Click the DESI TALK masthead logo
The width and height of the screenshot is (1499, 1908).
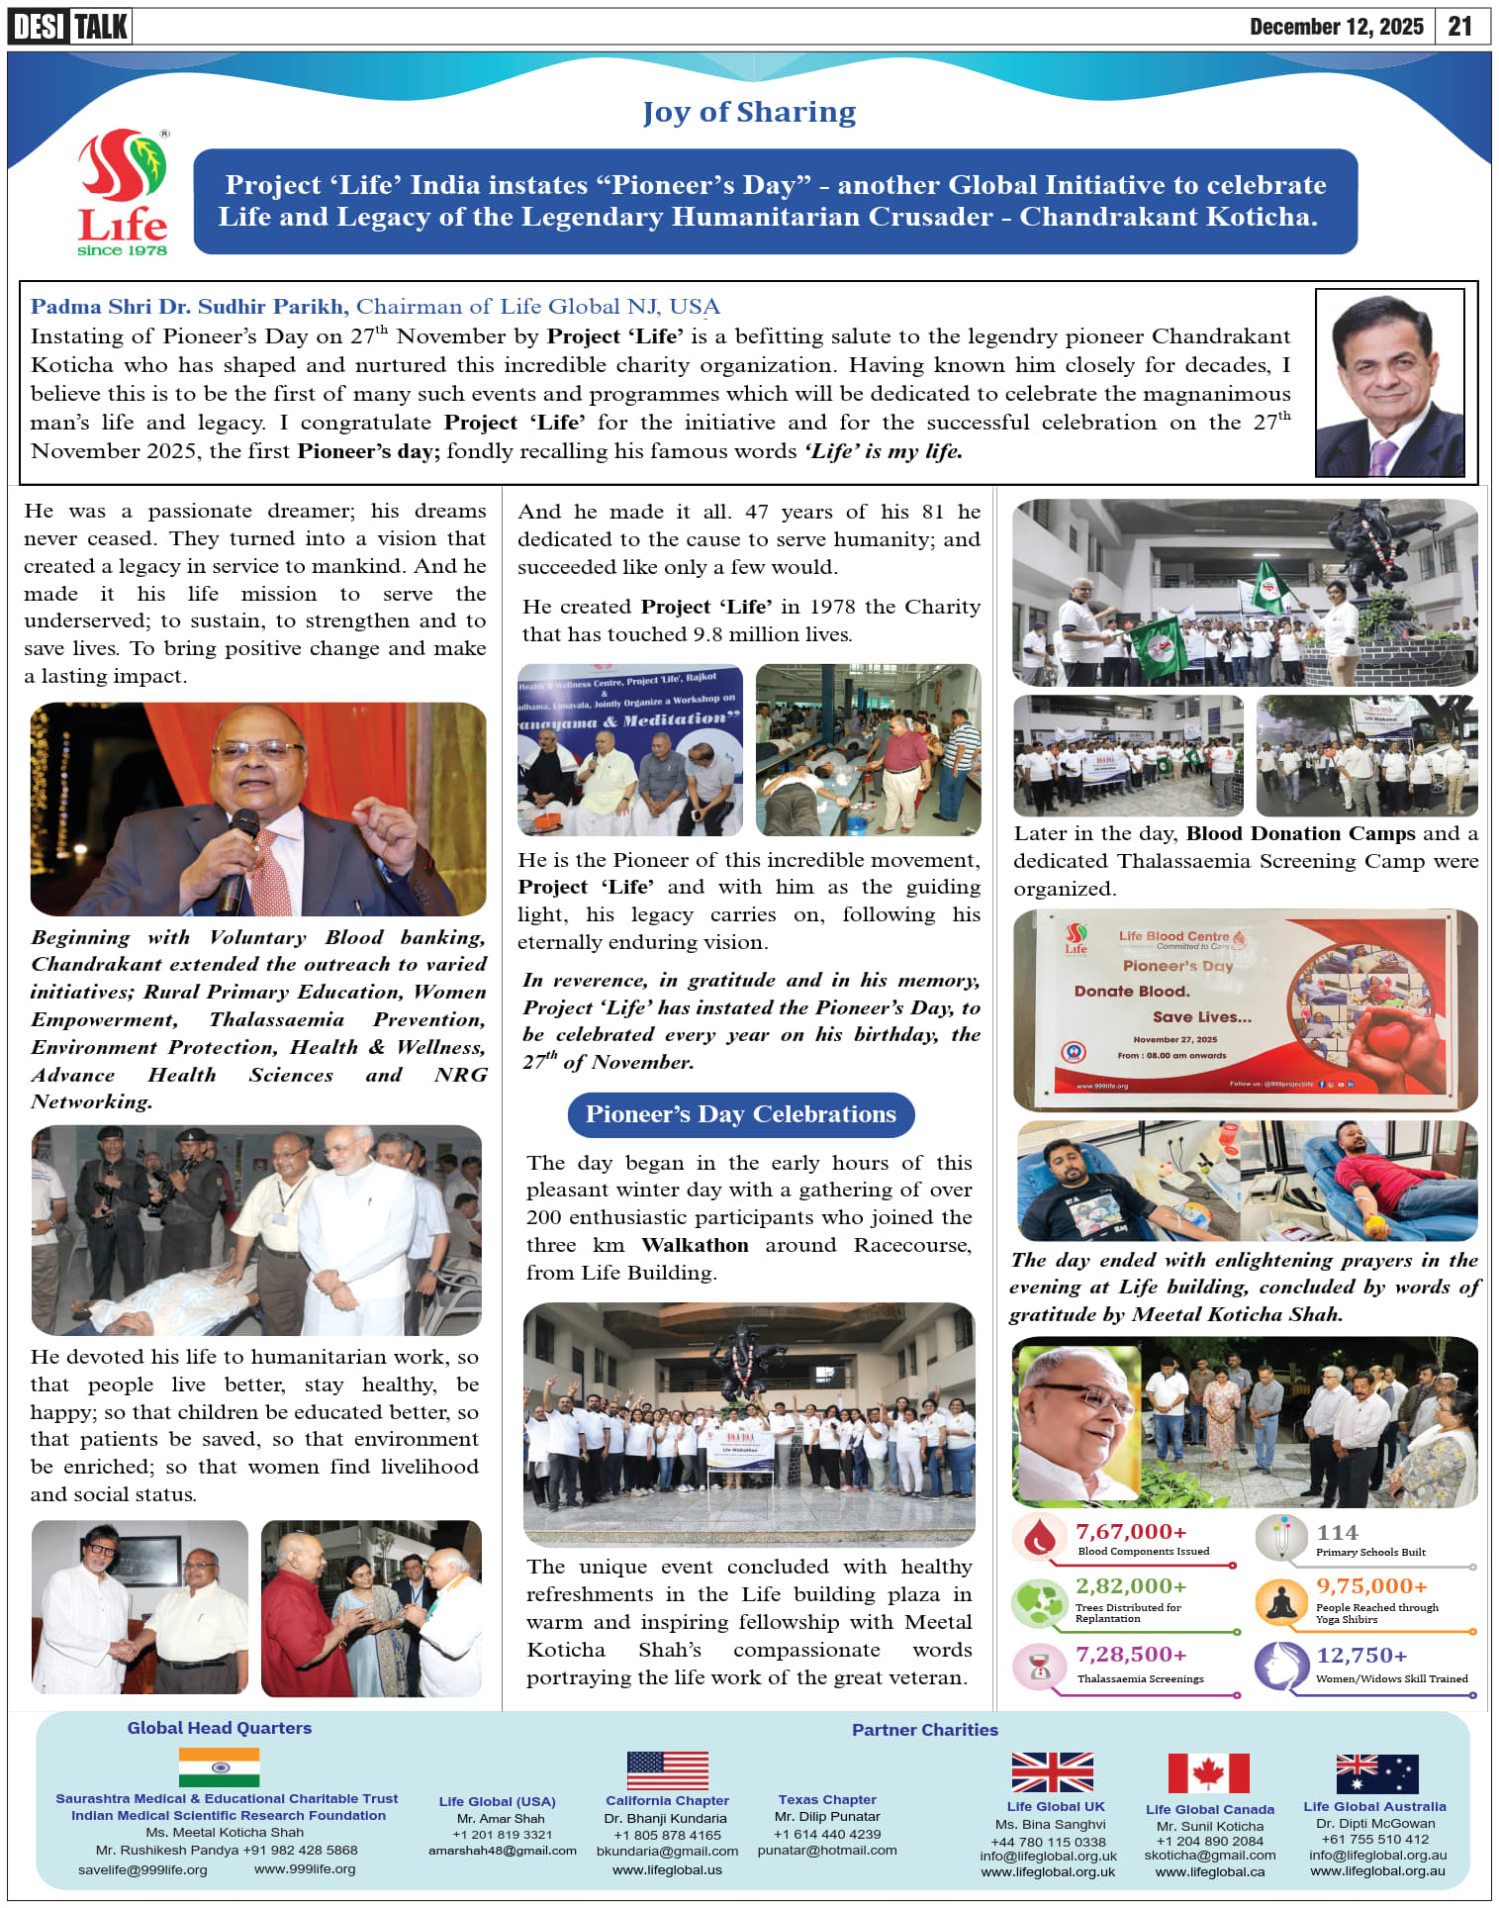(x=70, y=26)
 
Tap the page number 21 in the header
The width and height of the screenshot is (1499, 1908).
(x=1459, y=26)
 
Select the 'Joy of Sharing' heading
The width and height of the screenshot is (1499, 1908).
(x=749, y=112)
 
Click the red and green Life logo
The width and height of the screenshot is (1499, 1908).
(x=123, y=192)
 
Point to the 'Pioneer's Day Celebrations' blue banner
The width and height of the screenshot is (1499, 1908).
(x=740, y=1114)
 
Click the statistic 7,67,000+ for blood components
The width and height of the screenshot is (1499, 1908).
(x=1131, y=1532)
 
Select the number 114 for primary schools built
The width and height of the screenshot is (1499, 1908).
(x=1337, y=1533)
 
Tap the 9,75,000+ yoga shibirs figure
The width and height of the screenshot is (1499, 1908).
(x=1371, y=1586)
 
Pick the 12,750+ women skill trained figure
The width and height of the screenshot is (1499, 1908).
(x=1361, y=1656)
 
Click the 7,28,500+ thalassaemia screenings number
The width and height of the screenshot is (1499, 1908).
(x=1131, y=1655)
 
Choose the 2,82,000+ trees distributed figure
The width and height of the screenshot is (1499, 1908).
(x=1131, y=1586)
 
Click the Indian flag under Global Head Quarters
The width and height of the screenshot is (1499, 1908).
(x=219, y=1767)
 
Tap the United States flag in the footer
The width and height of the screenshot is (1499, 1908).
(x=667, y=1770)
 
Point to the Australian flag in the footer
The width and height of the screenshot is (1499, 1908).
(x=1376, y=1773)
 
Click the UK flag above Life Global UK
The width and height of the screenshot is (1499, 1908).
(x=1052, y=1772)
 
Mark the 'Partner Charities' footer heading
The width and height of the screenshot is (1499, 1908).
(x=924, y=1730)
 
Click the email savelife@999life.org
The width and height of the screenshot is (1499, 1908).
(x=142, y=1869)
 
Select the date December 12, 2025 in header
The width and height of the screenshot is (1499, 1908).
(x=1336, y=26)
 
